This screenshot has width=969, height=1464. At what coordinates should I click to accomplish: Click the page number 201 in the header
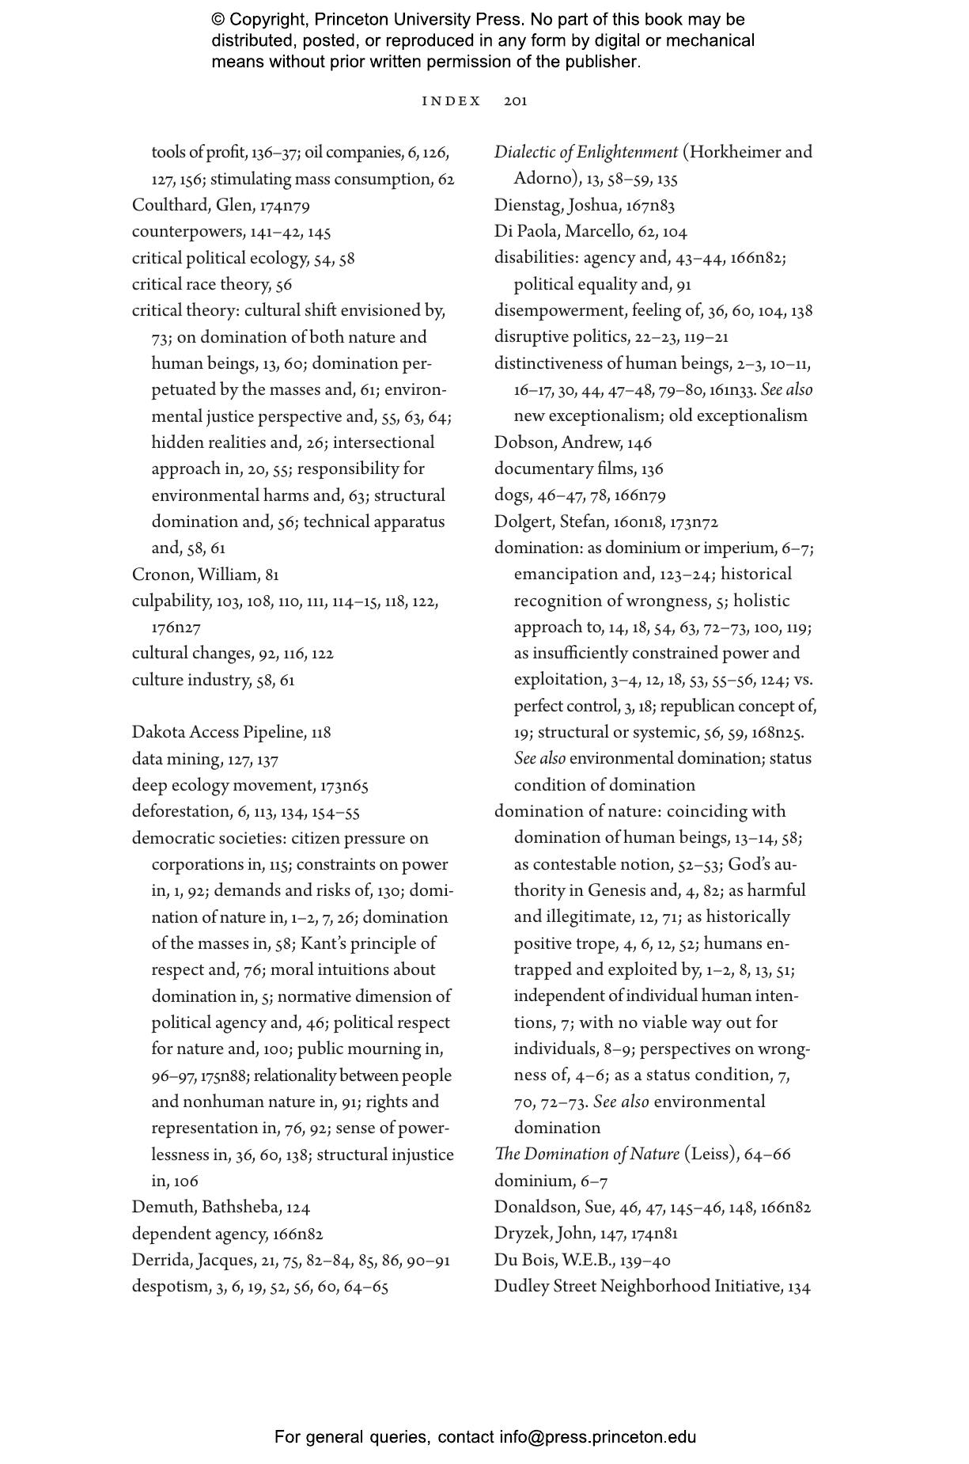coord(515,101)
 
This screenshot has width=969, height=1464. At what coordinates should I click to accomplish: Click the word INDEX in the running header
coord(451,101)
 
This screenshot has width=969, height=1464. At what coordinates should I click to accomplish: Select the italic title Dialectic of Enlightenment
coord(585,152)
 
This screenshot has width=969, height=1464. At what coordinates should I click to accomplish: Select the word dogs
coord(511,495)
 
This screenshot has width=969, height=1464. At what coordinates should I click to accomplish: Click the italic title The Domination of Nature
coord(586,1154)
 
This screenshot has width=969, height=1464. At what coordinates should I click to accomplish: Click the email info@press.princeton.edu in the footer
coord(597,1437)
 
